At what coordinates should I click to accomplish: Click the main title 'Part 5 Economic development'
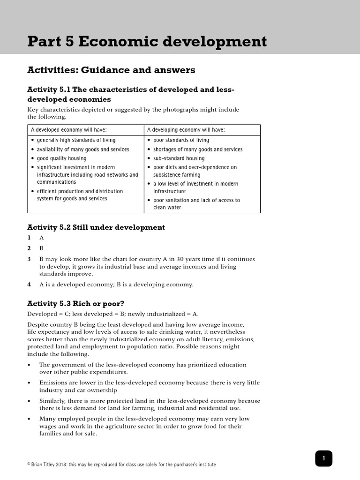click(x=147, y=42)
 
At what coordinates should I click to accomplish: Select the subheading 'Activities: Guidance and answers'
click(x=111, y=70)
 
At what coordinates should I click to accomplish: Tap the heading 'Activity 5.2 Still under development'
click(x=96, y=227)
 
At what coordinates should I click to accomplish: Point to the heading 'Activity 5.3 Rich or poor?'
click(x=76, y=303)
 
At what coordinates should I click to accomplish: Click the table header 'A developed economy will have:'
click(x=69, y=130)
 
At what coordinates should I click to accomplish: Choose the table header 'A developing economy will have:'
click(x=186, y=130)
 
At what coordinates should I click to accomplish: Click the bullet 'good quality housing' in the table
click(x=61, y=158)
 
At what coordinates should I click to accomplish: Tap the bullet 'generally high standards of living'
click(x=76, y=140)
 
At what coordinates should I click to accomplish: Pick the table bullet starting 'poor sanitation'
click(x=196, y=203)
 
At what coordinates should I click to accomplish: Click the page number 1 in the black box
click(x=323, y=458)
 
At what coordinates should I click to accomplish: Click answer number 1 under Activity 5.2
click(x=29, y=238)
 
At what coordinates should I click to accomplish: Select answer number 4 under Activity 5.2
click(x=29, y=285)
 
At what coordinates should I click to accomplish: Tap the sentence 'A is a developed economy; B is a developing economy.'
click(x=116, y=285)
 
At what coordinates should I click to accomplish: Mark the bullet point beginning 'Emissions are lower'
click(x=149, y=386)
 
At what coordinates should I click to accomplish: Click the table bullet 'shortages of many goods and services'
click(x=198, y=150)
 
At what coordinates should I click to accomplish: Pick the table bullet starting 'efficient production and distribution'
click(x=80, y=195)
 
